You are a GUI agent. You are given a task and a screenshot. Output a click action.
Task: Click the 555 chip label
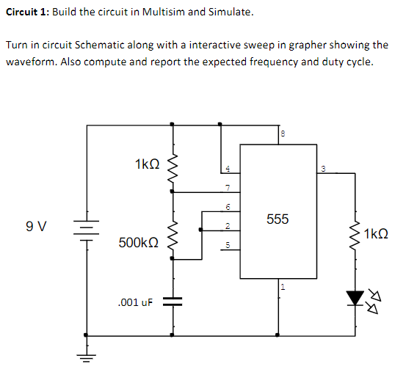click(278, 219)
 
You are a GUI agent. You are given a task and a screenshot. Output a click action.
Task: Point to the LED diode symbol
click(355, 298)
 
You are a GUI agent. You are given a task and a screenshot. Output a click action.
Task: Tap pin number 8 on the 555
click(282, 134)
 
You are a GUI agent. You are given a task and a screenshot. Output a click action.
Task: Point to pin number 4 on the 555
click(228, 169)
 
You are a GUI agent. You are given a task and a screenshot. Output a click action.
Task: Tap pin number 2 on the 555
click(228, 225)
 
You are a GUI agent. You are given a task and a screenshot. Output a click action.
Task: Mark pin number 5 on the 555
click(228, 245)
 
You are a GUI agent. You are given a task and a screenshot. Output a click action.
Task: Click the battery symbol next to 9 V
click(87, 227)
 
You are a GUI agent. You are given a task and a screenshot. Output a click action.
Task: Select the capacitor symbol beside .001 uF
click(173, 301)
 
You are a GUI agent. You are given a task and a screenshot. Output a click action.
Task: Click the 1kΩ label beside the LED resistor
click(375, 235)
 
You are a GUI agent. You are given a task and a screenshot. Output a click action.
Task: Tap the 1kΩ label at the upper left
click(147, 166)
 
